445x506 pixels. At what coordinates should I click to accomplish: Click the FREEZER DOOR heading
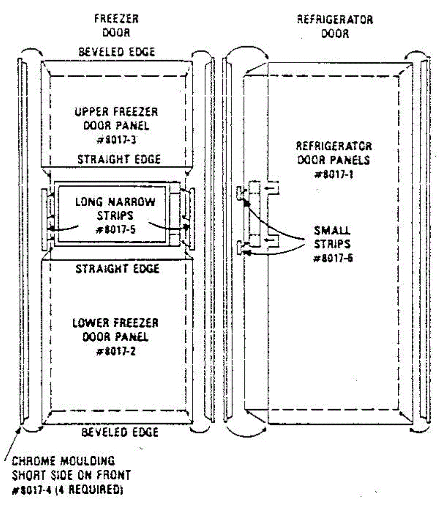click(x=116, y=25)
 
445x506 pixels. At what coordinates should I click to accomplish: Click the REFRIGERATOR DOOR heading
click(x=335, y=26)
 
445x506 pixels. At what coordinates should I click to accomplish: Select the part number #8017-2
click(x=116, y=351)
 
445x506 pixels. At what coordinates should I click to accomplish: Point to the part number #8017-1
click(x=334, y=174)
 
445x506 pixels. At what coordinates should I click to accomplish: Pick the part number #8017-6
click(x=333, y=258)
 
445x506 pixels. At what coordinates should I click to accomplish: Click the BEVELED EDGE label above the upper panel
click(x=117, y=52)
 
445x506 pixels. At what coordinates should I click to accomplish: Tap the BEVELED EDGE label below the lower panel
click(x=120, y=432)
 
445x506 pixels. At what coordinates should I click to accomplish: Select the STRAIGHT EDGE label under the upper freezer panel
click(x=119, y=159)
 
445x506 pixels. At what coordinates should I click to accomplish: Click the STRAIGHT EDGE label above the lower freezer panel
click(x=117, y=269)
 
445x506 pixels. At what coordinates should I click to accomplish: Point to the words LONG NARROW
click(x=115, y=202)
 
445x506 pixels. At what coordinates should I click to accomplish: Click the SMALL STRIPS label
click(x=332, y=237)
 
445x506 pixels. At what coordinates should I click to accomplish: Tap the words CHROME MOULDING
click(x=63, y=460)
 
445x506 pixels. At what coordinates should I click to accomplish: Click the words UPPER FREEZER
click(x=116, y=112)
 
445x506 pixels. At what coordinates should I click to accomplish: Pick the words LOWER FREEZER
click(x=115, y=323)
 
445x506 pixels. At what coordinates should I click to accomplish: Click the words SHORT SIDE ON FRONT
click(x=71, y=475)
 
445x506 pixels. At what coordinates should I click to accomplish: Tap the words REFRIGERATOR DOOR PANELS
click(x=334, y=153)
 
